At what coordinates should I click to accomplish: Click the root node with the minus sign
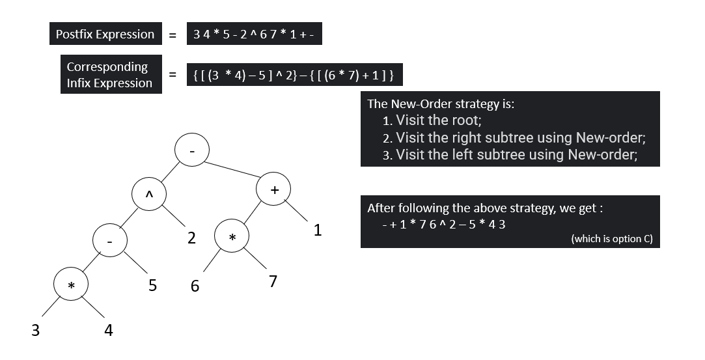191,150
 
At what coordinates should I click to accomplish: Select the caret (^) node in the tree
149,195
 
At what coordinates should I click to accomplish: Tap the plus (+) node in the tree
274,189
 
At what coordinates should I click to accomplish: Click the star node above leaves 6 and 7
232,238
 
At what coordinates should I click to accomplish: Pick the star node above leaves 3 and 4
72,286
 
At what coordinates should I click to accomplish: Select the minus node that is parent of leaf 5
111,240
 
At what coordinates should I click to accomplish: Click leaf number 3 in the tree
36,331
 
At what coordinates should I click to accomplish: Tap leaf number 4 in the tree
109,331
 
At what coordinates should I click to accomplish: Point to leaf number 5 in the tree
152,285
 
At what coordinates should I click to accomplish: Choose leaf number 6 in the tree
195,285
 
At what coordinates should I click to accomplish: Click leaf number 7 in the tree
273,281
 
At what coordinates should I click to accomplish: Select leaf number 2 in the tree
191,238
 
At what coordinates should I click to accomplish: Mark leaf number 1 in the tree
318,230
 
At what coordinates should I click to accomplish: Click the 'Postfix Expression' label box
105,35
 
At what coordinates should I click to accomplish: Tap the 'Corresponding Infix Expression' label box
111,75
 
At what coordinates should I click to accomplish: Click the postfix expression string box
254,35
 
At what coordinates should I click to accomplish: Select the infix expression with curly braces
294,76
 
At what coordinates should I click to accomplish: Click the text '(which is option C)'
611,239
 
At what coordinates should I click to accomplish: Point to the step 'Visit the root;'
438,120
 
